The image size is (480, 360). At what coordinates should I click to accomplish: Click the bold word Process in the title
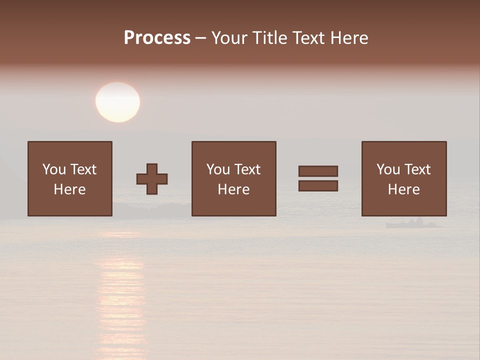pos(157,38)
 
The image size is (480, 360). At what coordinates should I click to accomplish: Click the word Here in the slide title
pos(350,38)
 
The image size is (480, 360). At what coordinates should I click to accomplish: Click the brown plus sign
pos(152,179)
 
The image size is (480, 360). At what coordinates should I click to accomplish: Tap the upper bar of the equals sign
pos(318,171)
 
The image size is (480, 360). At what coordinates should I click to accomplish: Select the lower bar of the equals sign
pos(318,186)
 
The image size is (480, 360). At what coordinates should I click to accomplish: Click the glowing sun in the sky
pos(117,102)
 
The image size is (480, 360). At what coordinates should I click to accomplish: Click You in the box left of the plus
pos(54,169)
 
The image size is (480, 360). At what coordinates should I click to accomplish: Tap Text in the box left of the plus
pos(82,169)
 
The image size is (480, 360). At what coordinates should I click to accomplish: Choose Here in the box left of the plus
pos(69,189)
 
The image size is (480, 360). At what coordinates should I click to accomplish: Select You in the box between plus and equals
pos(218,169)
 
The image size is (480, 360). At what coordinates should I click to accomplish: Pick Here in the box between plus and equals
pos(233,189)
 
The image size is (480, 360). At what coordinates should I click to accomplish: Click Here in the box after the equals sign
pos(403,189)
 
